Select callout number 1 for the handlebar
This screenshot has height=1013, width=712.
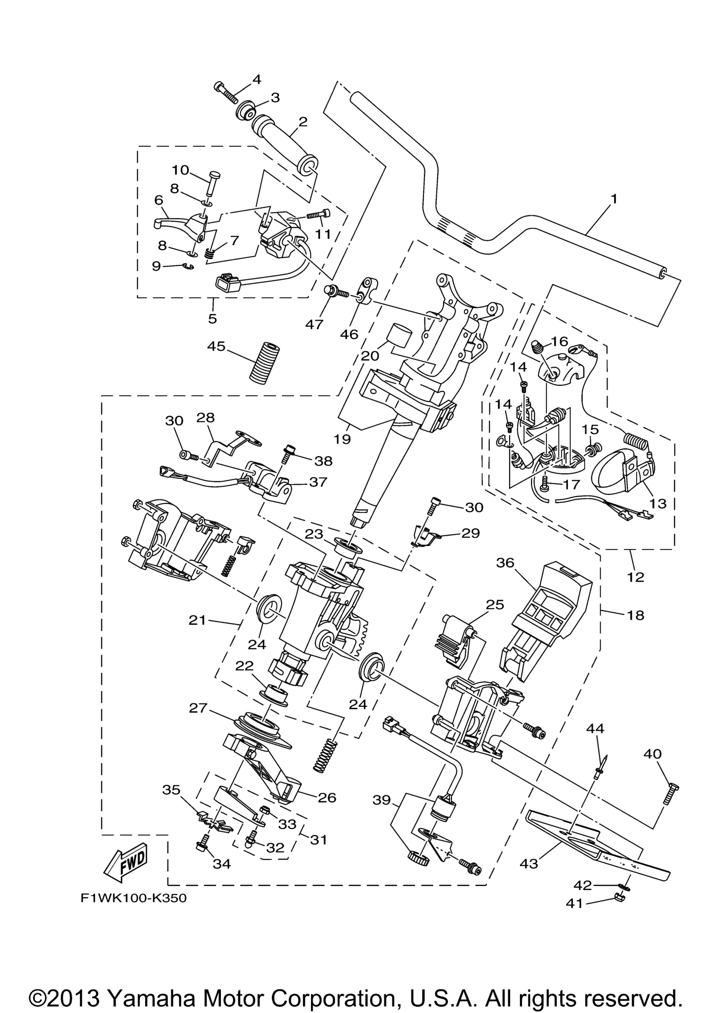(614, 199)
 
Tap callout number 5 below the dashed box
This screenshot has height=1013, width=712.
(213, 319)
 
